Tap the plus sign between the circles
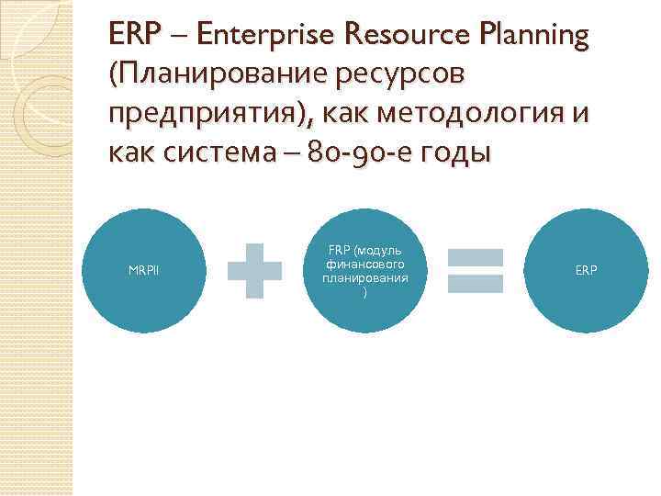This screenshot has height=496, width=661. click(254, 270)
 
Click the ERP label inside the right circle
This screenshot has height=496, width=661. click(586, 270)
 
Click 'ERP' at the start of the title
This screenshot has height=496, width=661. click(129, 37)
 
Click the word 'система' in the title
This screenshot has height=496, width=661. click(236, 152)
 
